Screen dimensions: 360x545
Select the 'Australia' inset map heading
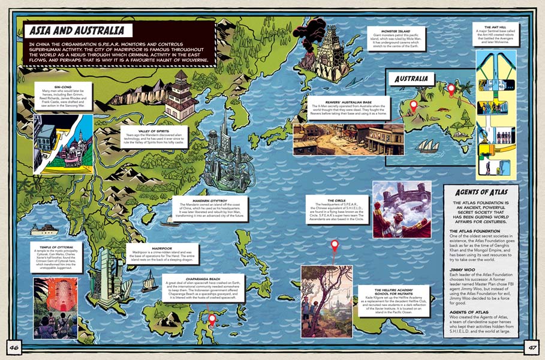tap(411, 79)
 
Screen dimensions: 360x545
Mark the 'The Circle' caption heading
tap(336, 201)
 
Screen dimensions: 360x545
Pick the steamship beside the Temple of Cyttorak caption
tap(43, 229)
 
